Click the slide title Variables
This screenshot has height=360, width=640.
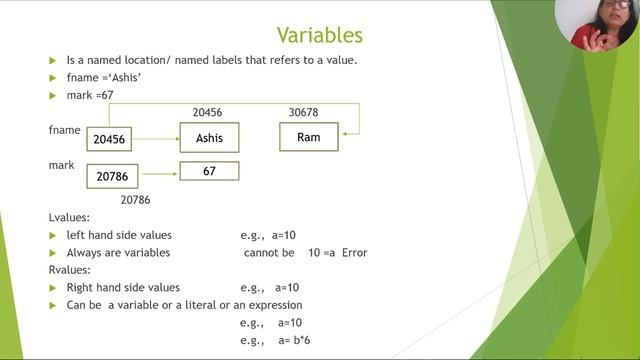319,36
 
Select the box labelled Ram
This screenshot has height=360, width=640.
308,137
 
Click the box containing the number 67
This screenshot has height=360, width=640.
209,172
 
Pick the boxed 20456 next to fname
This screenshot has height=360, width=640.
109,141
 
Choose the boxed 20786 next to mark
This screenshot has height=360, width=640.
112,177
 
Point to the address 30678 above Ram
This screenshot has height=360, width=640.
309,113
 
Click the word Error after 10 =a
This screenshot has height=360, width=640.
353,253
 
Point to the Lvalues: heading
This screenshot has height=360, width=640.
71,217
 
